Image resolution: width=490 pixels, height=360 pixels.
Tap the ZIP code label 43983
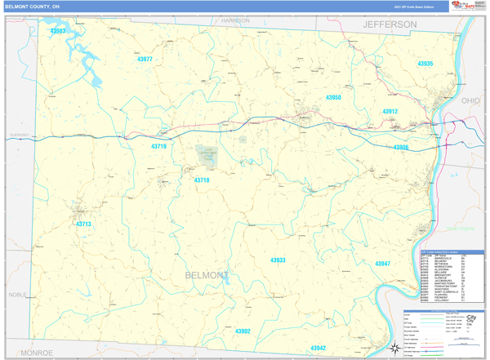click(58, 31)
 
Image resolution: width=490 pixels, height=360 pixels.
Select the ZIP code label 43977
click(145, 60)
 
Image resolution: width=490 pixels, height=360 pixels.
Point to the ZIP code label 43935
click(425, 64)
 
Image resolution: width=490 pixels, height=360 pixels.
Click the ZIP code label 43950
click(333, 98)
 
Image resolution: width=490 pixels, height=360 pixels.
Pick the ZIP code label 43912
click(390, 112)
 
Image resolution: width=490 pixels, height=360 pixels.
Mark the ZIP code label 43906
click(400, 148)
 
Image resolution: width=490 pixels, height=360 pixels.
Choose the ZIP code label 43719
click(158, 147)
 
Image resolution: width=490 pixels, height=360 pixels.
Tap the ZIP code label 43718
click(202, 180)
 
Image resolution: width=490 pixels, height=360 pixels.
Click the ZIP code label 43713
click(83, 224)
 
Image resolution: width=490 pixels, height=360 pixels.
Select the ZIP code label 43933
click(278, 260)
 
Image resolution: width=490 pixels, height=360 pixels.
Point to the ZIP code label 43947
click(382, 264)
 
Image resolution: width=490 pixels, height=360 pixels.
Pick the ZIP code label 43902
click(243, 331)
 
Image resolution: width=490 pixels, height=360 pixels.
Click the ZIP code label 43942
click(318, 348)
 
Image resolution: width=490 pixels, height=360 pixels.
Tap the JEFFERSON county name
click(390, 25)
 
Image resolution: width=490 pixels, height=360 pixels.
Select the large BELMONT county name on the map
click(207, 276)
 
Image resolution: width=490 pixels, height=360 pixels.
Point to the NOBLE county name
click(17, 295)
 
